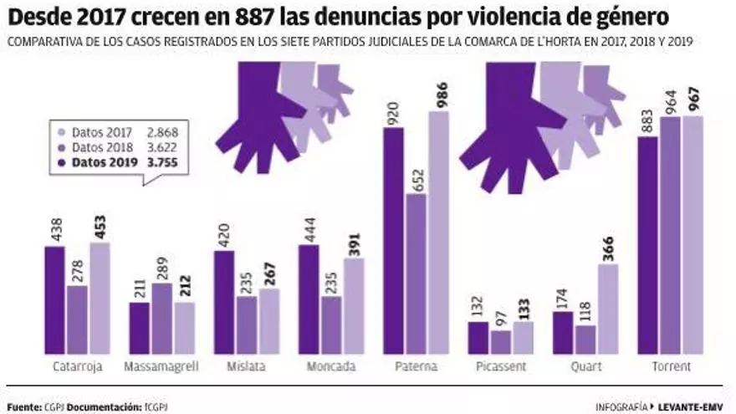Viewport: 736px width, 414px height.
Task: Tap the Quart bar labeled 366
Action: click(609, 309)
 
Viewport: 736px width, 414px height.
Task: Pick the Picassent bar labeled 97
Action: click(500, 342)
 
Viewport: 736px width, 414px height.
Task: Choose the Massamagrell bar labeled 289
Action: click(161, 319)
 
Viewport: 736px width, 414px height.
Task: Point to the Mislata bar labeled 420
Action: click(224, 302)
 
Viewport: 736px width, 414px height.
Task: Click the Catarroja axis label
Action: click(76, 366)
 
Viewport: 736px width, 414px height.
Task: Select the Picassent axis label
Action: click(500, 366)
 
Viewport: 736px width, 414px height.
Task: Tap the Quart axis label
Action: click(587, 366)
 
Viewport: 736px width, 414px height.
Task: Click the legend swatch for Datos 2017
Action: click(60, 132)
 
